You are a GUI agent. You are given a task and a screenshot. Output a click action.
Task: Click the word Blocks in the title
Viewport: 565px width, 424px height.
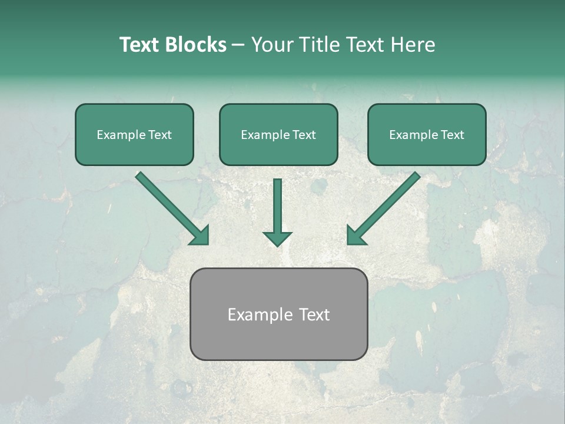(197, 45)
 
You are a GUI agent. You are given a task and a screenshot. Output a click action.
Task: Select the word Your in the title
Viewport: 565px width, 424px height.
(272, 45)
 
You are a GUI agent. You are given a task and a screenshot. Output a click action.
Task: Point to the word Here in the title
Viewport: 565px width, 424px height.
(413, 45)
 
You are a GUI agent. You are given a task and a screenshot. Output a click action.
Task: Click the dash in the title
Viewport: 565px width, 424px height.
(238, 45)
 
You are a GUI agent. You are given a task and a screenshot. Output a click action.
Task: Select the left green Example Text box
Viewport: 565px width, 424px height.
(134, 134)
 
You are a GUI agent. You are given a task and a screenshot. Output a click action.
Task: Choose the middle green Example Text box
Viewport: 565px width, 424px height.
(278, 134)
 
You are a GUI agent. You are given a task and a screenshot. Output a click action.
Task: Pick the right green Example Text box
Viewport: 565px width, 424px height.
(427, 134)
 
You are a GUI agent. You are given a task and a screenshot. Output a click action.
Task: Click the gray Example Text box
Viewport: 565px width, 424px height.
(278, 314)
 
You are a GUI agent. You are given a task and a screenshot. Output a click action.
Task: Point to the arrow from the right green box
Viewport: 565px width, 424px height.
(385, 207)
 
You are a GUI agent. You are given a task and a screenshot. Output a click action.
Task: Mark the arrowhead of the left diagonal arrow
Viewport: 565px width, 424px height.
(200, 235)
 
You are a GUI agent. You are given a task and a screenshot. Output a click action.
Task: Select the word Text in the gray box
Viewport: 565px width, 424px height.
(314, 314)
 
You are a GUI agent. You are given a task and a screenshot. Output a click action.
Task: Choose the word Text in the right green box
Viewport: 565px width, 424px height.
(452, 135)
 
